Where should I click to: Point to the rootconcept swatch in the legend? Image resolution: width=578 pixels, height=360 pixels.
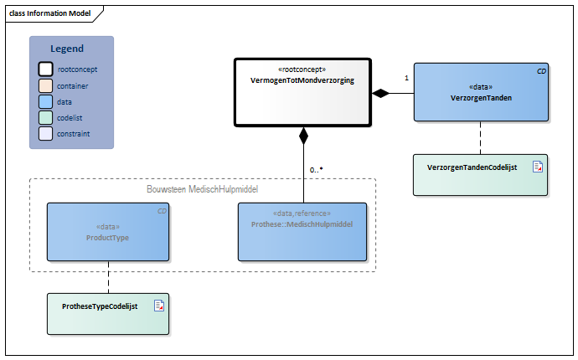coord(46,69)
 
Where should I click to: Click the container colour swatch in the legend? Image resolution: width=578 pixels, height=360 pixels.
coord(46,85)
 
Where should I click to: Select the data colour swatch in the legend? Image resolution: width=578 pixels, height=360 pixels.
coord(46,101)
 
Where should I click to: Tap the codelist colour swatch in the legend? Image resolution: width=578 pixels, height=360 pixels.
coord(46,117)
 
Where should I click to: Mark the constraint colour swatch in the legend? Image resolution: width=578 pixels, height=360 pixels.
coord(46,133)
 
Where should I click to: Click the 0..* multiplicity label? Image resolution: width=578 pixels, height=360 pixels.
coord(316,170)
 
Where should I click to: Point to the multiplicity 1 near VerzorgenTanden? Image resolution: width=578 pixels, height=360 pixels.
coord(406,78)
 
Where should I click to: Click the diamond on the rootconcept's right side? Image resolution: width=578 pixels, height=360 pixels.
coord(381,93)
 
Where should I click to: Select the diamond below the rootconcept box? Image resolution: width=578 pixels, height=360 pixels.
coord(303,135)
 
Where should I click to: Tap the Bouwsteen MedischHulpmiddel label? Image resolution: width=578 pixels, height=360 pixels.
coord(202,190)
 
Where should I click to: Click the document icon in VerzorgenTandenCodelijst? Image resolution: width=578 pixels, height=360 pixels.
coord(537,167)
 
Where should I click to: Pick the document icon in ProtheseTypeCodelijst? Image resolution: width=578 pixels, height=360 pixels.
coord(158,306)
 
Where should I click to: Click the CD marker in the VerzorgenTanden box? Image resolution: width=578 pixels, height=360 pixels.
coord(541,72)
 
